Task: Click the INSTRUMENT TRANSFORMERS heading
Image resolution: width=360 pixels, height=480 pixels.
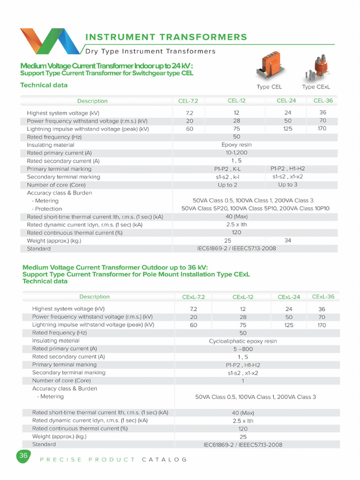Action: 166,37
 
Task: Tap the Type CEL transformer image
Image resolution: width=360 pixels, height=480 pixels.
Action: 269,67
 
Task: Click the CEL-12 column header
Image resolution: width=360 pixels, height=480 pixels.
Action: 236,100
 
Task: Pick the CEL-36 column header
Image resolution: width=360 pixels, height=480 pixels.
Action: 322,100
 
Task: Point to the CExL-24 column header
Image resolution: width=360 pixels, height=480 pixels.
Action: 289,297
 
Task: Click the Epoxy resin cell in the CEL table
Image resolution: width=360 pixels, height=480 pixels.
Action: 236,145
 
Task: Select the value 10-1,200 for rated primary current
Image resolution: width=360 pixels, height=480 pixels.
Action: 236,153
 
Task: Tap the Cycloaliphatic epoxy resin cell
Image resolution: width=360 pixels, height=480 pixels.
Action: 243,341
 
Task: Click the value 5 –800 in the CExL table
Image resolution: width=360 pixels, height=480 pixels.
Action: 243,349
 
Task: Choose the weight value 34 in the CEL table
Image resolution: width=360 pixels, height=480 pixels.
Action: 288,240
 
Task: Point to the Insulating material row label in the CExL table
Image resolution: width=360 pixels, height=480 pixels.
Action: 55,341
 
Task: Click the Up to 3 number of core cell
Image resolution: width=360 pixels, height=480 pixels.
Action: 288,185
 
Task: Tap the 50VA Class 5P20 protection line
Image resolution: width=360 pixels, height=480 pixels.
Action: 255,209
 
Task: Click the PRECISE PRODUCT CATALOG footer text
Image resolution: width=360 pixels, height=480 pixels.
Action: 113,459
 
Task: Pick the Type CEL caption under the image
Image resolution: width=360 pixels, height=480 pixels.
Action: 269,87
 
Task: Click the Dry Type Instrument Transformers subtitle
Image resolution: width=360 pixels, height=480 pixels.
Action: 150,51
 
